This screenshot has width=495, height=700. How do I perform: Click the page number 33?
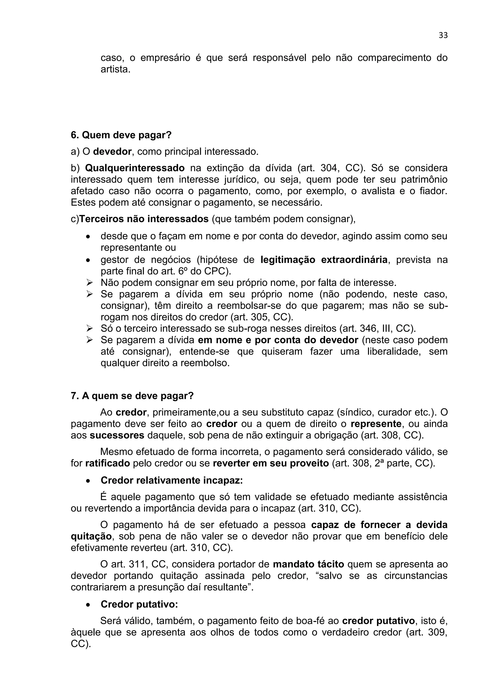443,35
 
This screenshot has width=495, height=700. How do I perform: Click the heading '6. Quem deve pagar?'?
121,135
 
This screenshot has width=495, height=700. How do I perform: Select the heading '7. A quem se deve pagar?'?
132,396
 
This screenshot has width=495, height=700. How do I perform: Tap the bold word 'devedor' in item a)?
112,152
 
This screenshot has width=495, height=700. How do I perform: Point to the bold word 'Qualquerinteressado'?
135,168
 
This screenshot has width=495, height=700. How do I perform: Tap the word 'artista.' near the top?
116,70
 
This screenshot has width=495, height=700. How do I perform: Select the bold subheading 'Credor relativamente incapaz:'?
172,480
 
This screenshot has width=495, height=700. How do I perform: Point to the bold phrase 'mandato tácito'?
308,564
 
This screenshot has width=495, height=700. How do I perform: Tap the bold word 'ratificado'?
108,463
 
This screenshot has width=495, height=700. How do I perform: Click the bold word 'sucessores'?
117,435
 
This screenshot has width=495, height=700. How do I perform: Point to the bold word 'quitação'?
91,536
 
